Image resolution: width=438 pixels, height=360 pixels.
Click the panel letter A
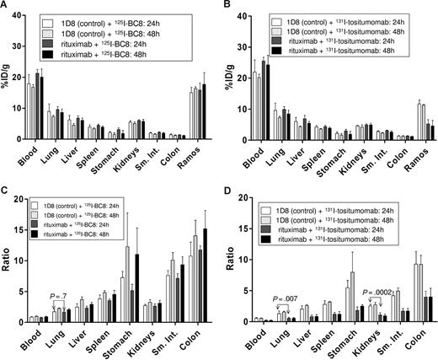coord(6,6)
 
